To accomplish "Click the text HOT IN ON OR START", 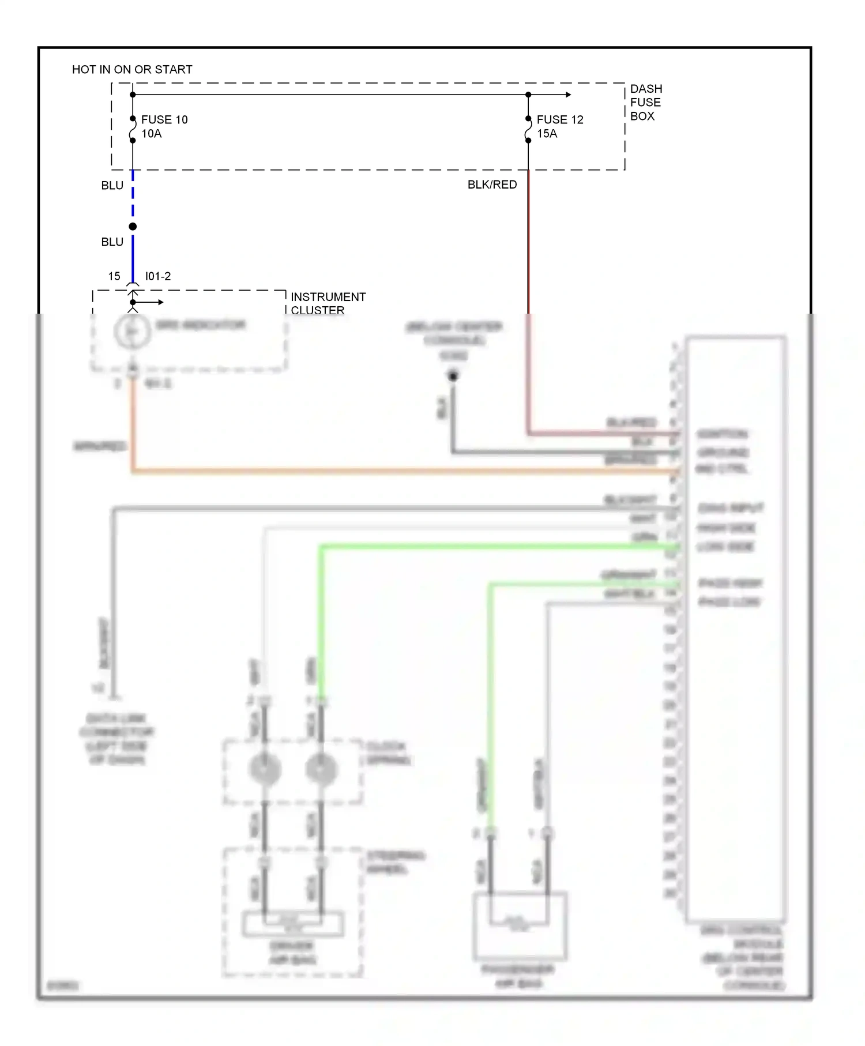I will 132,70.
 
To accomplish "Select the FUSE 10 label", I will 164,119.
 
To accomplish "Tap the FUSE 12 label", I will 559,119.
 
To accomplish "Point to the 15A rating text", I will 547,134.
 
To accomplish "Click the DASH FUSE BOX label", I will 645,103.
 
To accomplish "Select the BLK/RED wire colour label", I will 492,185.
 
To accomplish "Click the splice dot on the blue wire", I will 133,227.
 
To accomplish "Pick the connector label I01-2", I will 157,276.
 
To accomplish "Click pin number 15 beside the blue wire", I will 114,276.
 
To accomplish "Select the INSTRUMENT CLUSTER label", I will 328,303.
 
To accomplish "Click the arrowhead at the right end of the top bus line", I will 569,95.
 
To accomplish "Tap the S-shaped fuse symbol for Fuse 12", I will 528,130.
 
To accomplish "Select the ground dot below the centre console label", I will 453,377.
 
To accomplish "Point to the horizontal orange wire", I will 404,472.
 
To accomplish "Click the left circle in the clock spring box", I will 265,769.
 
